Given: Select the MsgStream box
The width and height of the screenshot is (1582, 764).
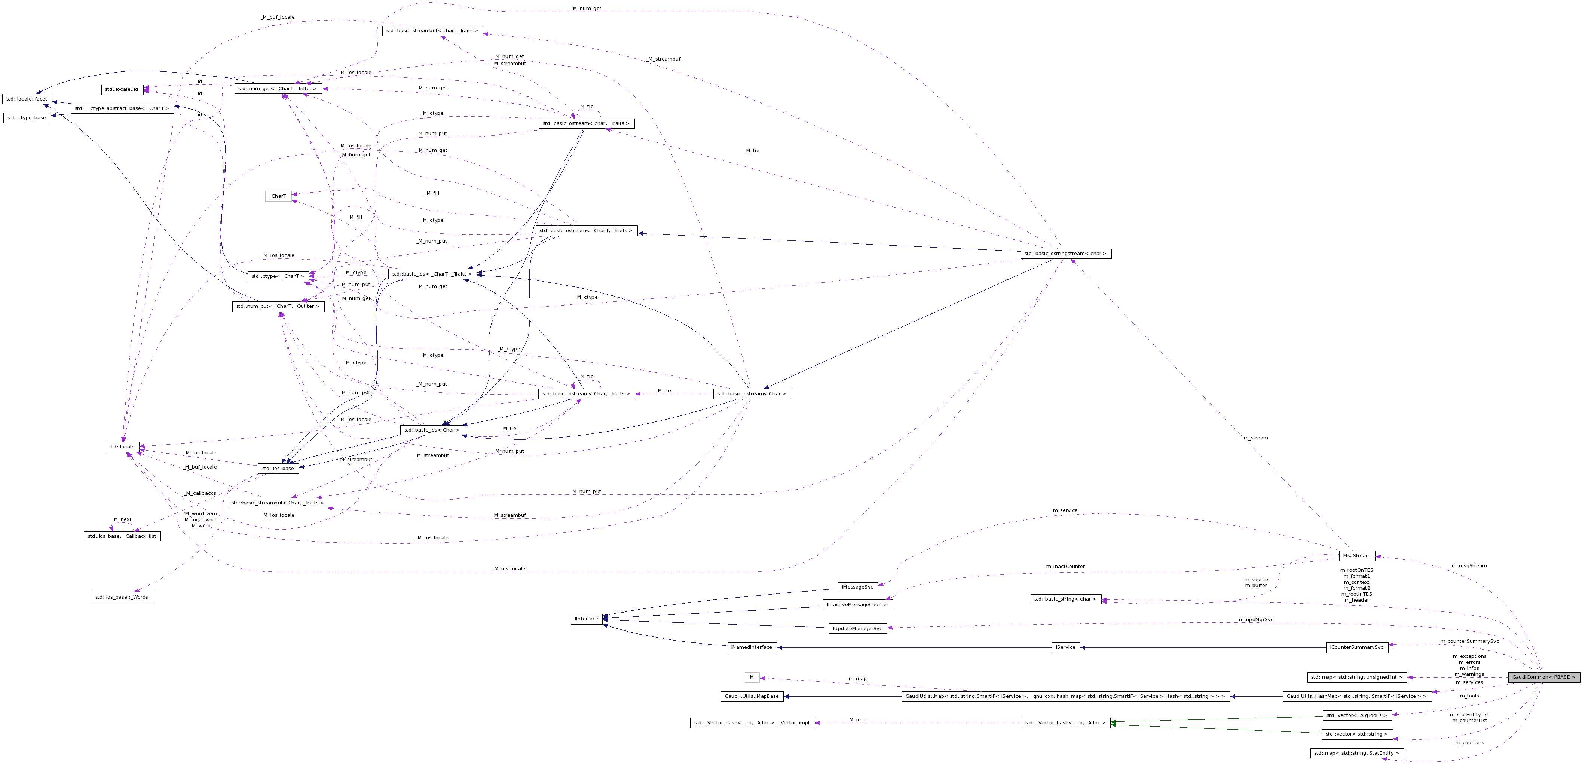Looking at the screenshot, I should [x=1356, y=556].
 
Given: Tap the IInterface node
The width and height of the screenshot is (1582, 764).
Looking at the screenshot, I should [x=586, y=619].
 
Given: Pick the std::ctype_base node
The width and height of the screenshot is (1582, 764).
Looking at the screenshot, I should [x=27, y=118].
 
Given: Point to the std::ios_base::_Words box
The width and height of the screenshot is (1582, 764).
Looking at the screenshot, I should [x=122, y=597].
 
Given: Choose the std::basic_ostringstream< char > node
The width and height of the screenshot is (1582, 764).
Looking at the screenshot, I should [x=1065, y=254].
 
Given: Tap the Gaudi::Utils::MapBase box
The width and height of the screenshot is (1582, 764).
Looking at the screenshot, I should [x=752, y=696].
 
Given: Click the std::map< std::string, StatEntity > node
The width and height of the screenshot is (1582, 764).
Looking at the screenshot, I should [x=1356, y=753].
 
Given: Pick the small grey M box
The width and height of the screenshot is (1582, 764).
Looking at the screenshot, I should [x=752, y=677].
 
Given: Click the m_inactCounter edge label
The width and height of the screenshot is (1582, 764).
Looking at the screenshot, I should [x=1065, y=566].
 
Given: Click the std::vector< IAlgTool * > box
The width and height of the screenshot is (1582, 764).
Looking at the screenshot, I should [x=1356, y=715].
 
